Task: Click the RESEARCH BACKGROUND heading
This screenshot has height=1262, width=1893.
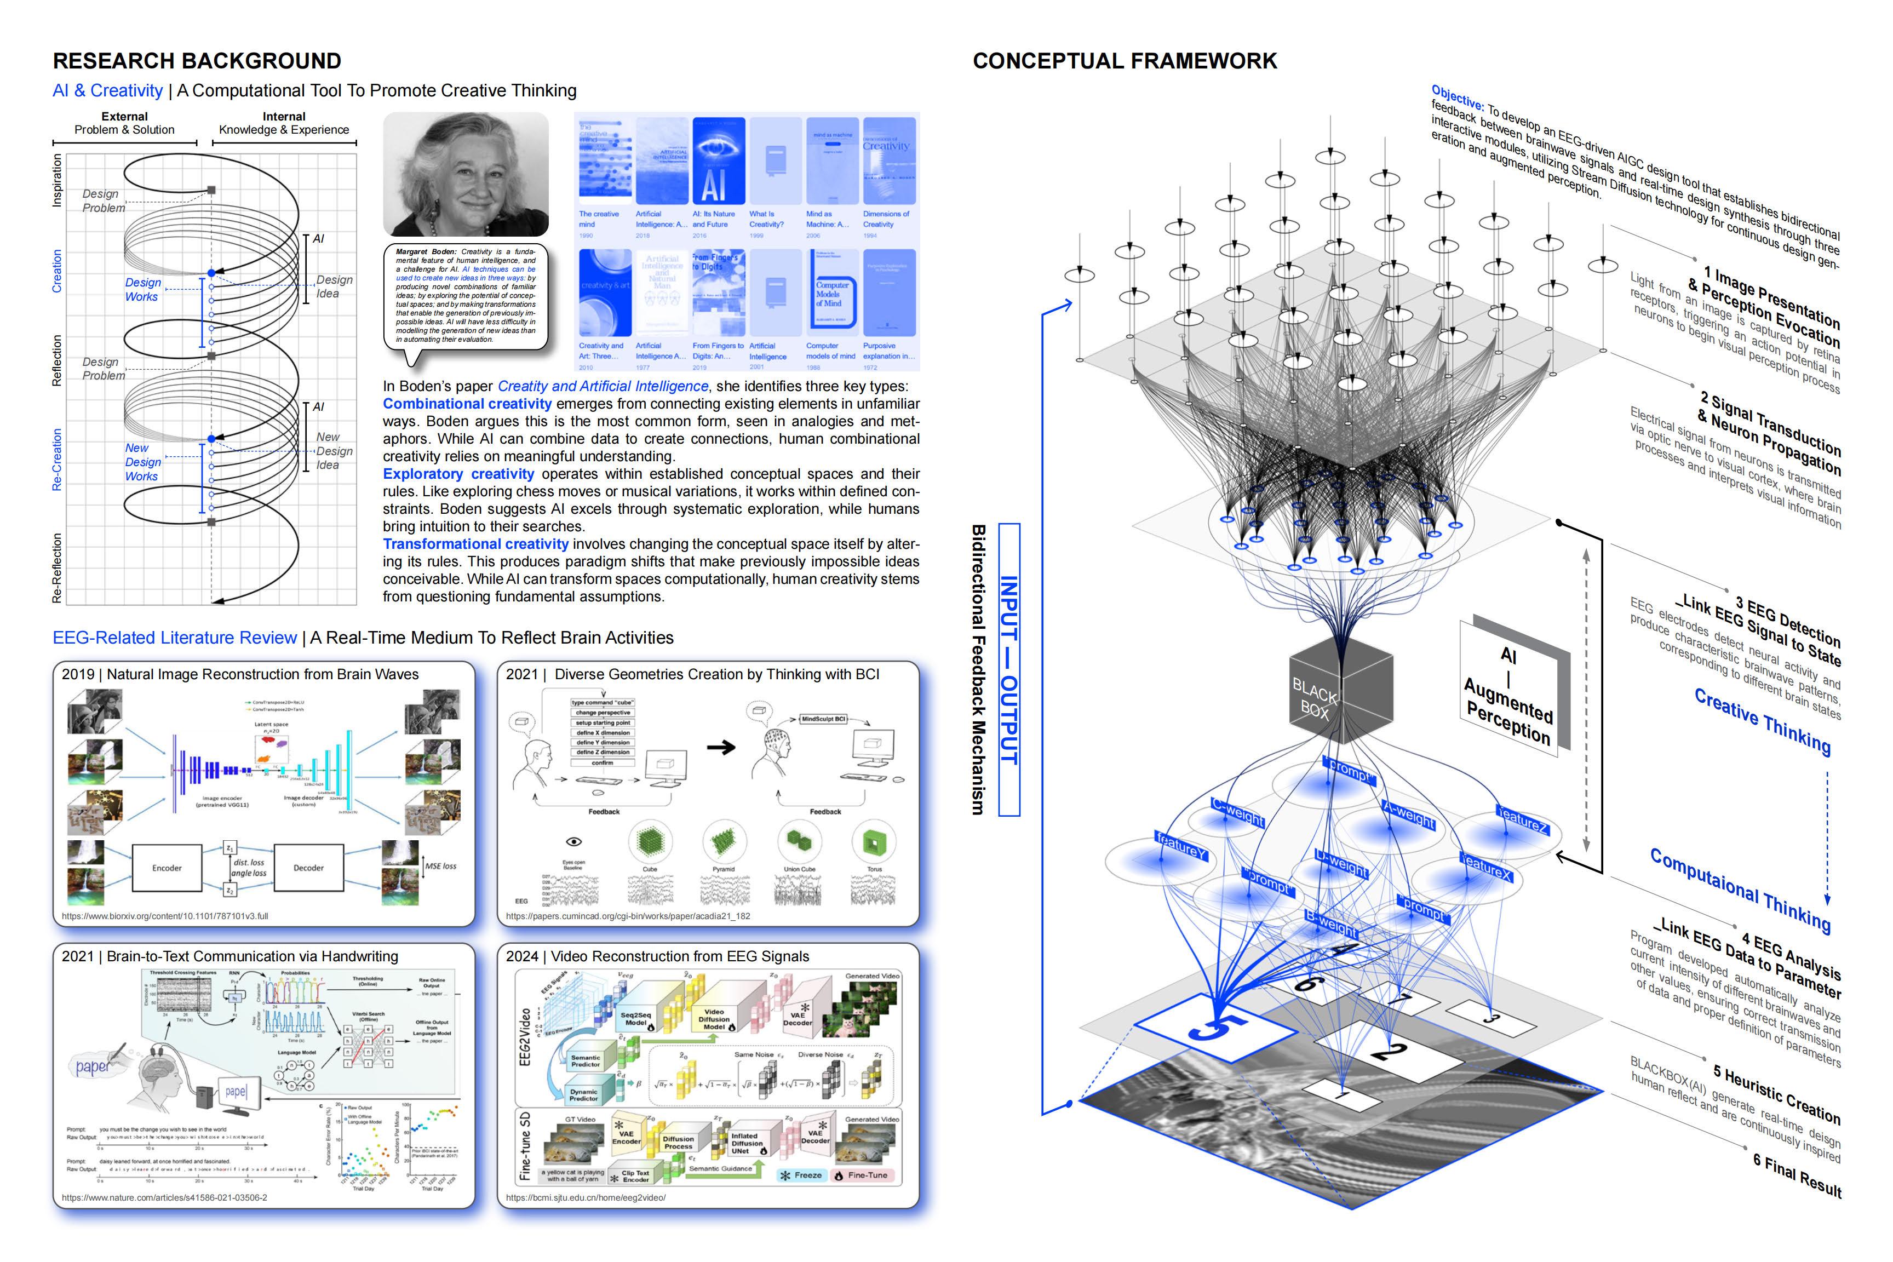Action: (x=197, y=61)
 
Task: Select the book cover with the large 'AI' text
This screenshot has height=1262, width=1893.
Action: (x=719, y=161)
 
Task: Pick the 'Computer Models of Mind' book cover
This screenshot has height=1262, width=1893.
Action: (x=832, y=293)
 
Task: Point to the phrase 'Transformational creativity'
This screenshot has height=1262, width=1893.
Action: (x=475, y=544)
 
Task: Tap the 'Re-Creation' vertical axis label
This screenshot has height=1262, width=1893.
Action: (x=57, y=460)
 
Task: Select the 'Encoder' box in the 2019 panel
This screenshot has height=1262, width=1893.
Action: (x=167, y=868)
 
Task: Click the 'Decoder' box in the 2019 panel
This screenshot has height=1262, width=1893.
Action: (x=308, y=868)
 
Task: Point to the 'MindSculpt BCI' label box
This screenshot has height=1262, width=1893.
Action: (x=823, y=719)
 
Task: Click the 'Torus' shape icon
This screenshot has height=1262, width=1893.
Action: (x=874, y=842)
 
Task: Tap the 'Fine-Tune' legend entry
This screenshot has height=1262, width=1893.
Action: (x=861, y=1175)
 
